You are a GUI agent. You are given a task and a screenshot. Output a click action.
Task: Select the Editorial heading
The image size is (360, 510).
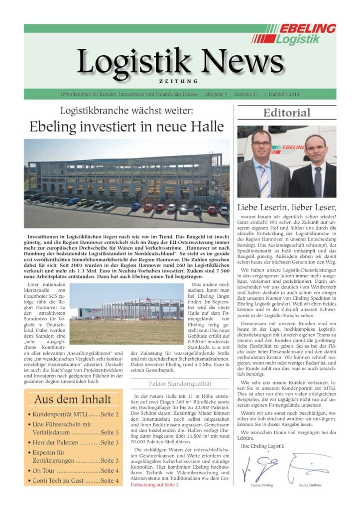(x=286, y=113)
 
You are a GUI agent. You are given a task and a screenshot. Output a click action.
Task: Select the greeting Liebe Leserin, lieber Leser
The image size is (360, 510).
(x=286, y=206)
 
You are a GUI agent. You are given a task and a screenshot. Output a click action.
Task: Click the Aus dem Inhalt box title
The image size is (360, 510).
(x=72, y=399)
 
